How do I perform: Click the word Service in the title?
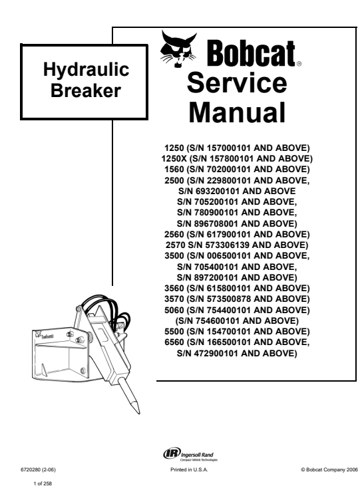point(237,82)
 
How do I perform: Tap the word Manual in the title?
point(237,112)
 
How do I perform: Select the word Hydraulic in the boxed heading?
point(86,70)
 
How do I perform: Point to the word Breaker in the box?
point(86,90)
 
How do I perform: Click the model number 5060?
point(174,310)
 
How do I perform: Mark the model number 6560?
point(174,342)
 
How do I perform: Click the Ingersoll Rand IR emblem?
point(172,453)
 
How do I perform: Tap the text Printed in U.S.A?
point(189,470)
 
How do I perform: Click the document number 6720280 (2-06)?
point(38,470)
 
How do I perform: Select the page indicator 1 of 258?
point(43,483)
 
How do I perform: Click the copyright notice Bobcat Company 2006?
point(329,470)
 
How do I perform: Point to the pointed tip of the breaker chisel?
point(138,413)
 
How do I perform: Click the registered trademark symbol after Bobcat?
point(299,64)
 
